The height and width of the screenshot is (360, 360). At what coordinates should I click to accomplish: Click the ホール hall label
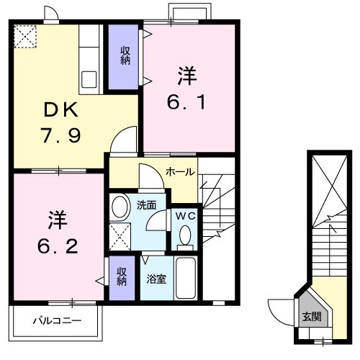coord(178,172)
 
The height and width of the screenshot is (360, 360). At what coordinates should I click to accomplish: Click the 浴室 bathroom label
coord(157,277)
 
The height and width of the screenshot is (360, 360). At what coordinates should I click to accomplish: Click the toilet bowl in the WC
coord(185,235)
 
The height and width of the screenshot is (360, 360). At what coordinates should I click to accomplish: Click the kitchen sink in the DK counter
coord(91,78)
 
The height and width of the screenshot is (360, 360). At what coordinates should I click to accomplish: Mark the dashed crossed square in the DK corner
coord(26,36)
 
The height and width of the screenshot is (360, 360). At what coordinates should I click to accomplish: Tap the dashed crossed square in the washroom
coord(121,235)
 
